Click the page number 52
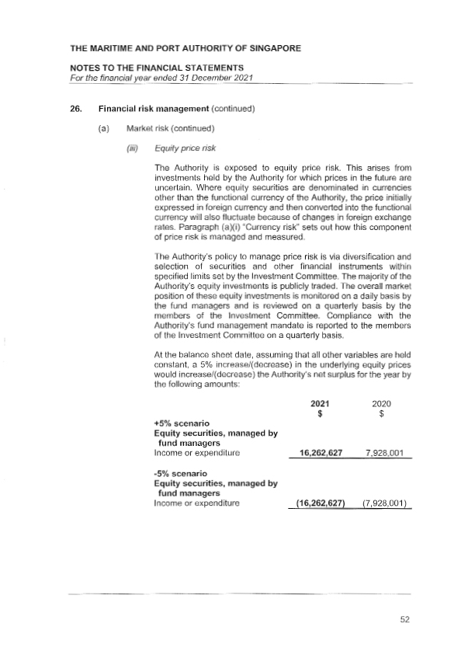pos(404,619)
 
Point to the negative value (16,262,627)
pos(320,503)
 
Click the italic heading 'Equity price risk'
pos(185,148)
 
